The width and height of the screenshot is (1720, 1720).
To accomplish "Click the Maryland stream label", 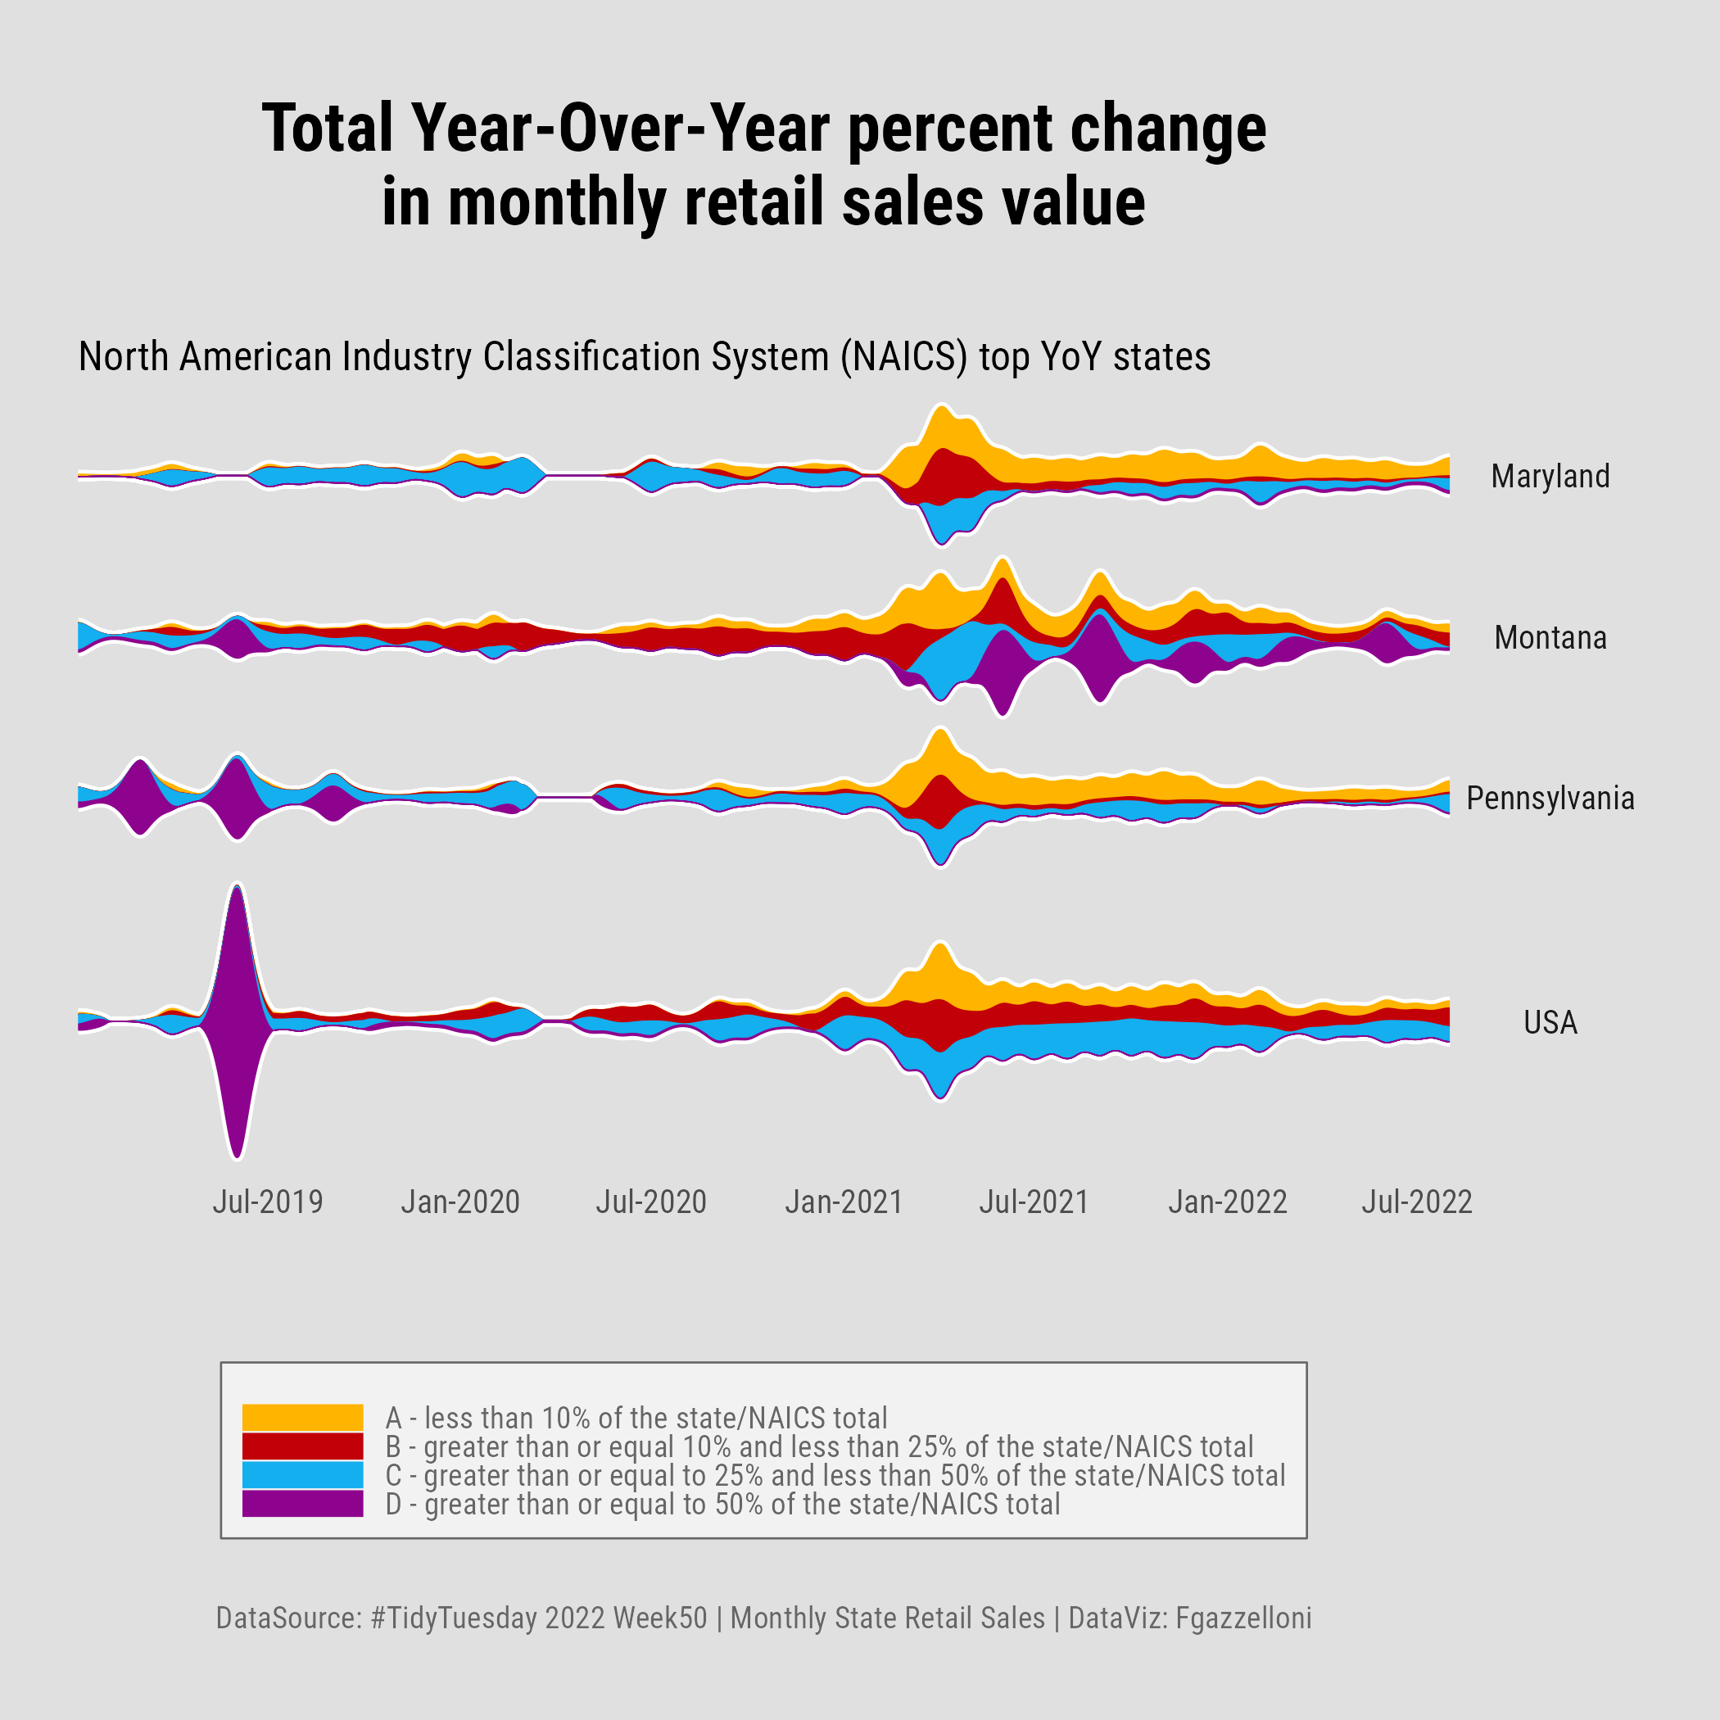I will tap(1550, 477).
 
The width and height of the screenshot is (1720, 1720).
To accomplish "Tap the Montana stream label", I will tap(1550, 637).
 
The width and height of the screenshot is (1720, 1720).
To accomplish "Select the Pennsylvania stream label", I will tap(1550, 798).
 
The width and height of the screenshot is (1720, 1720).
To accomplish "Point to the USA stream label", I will tap(1550, 1022).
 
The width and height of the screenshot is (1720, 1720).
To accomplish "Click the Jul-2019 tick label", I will tap(267, 1202).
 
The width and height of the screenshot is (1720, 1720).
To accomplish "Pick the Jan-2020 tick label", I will tap(459, 1202).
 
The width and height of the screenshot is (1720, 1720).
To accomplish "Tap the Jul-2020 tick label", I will tap(651, 1202).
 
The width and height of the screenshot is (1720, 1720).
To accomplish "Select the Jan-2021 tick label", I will tap(843, 1202).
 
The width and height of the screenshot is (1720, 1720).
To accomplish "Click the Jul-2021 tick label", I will tap(1034, 1202).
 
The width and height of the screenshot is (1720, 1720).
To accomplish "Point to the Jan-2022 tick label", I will tap(1228, 1202).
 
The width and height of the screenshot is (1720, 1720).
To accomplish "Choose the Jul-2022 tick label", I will tap(1416, 1202).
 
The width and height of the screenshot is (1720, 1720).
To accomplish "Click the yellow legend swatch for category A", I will tap(303, 1417).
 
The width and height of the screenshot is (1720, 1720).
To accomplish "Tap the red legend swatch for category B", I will tap(303, 1446).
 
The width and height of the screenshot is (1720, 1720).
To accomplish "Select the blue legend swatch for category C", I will tap(303, 1475).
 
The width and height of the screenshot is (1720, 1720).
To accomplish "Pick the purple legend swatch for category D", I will tap(303, 1504).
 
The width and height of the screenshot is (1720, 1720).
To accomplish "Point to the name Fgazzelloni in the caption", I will tap(1242, 1618).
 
